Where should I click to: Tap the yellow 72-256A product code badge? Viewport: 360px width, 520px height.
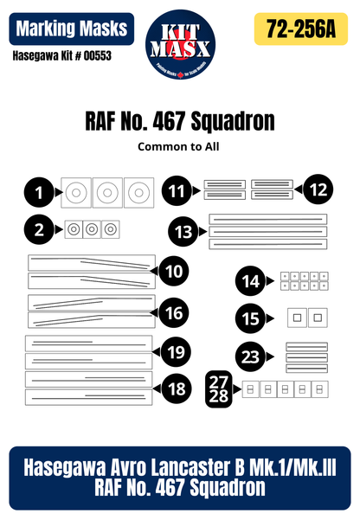pos(302,29)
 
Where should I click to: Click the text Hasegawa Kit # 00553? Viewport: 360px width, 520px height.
pos(61,56)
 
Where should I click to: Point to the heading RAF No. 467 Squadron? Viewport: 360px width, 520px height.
pos(179,122)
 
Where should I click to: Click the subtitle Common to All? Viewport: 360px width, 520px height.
pos(178,146)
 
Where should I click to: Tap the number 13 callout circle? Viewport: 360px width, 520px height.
pos(183,232)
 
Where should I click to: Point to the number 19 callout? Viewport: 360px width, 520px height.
pos(176,351)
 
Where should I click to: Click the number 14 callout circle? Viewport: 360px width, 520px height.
pos(250,281)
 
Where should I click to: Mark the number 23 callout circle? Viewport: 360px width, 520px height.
pos(250,357)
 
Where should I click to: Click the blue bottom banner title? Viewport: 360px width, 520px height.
pos(179,477)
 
